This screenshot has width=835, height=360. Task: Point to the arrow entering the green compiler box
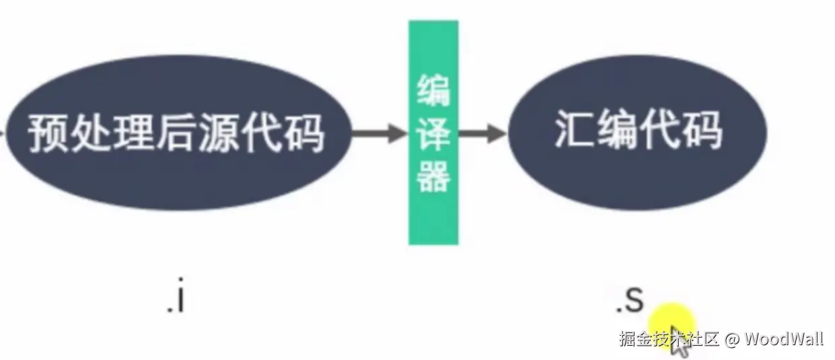381,133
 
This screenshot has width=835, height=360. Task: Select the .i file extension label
176,300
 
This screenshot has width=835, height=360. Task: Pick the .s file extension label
630,301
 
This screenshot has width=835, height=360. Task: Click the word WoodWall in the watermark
784,338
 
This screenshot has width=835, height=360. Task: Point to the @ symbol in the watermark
732,338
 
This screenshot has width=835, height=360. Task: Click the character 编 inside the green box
433,92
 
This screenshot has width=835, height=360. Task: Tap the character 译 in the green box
433,134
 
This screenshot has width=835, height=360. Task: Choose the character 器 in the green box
433,176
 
